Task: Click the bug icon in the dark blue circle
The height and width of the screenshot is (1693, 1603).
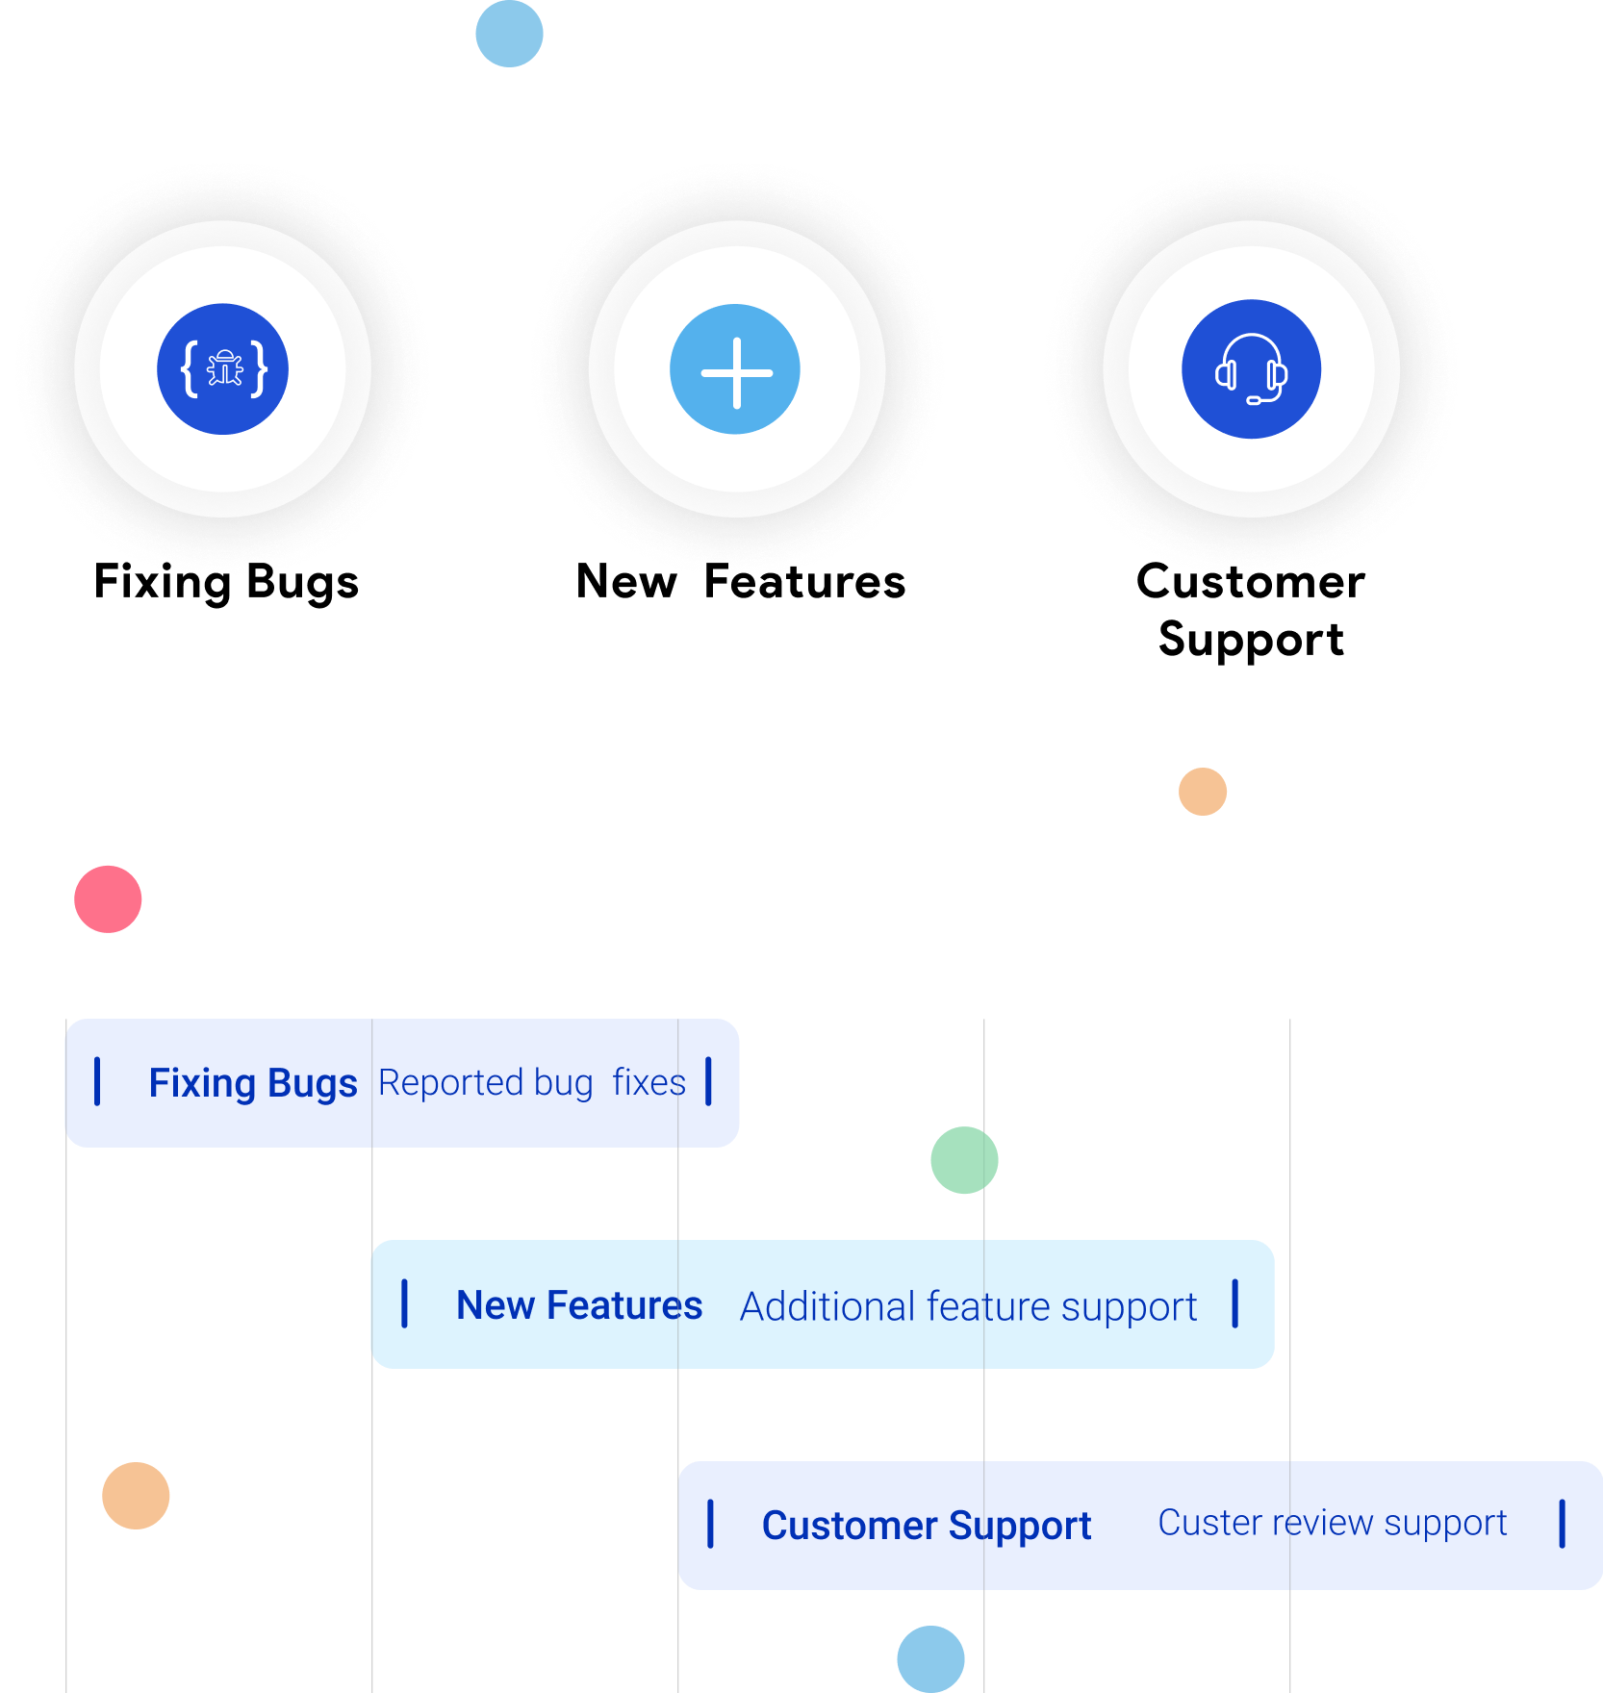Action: tap(224, 368)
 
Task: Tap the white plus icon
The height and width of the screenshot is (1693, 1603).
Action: tap(736, 372)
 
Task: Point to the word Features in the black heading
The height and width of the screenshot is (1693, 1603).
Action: tap(804, 582)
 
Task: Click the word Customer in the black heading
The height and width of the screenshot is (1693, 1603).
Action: tap(1251, 582)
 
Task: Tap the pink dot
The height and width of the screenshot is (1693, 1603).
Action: tap(108, 899)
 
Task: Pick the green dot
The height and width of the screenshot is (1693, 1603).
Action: tap(964, 1160)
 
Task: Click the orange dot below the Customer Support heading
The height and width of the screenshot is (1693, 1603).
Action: tap(1203, 792)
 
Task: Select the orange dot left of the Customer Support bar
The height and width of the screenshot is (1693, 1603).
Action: tap(136, 1496)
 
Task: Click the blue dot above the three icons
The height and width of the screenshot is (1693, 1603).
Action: tap(509, 34)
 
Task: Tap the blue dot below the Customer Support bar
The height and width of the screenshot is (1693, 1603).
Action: tap(930, 1659)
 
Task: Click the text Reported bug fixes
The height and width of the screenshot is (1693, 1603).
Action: tap(532, 1083)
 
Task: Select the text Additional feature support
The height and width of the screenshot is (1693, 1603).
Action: tap(968, 1307)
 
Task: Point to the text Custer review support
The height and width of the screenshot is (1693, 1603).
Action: tap(1333, 1523)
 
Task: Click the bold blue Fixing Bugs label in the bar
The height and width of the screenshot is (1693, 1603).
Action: tap(253, 1084)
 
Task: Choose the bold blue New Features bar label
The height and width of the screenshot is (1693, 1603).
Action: tap(579, 1305)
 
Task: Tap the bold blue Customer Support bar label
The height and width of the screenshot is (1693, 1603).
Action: tap(927, 1527)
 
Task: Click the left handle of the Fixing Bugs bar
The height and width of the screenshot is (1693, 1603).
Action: tap(97, 1081)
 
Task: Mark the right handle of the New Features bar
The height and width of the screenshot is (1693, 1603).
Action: tap(1235, 1303)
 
